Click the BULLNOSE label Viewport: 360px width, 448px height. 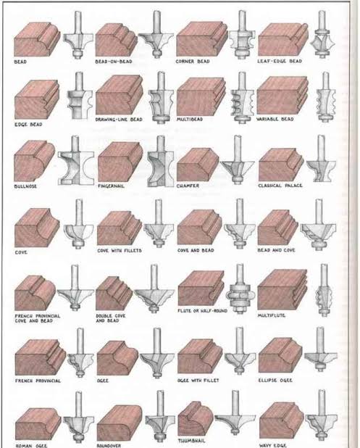[x=25, y=186]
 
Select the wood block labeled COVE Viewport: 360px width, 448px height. [x=37, y=228]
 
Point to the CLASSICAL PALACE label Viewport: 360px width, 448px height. [x=280, y=186]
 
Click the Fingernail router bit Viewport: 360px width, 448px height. [x=161, y=162]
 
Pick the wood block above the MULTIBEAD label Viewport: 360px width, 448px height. [x=201, y=96]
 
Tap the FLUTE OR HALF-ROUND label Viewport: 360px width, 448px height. [x=202, y=310]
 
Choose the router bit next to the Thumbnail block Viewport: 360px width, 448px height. [x=233, y=412]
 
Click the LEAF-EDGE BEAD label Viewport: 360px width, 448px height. [x=280, y=61]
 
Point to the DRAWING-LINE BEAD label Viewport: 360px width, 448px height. [x=119, y=120]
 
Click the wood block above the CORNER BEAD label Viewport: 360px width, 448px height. [x=201, y=39]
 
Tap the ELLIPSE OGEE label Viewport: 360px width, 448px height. [x=275, y=381]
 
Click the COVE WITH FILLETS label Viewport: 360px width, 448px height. [x=120, y=251]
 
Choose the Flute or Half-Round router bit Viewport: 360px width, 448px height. [x=240, y=289]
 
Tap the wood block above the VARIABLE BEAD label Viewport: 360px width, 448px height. [x=282, y=96]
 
